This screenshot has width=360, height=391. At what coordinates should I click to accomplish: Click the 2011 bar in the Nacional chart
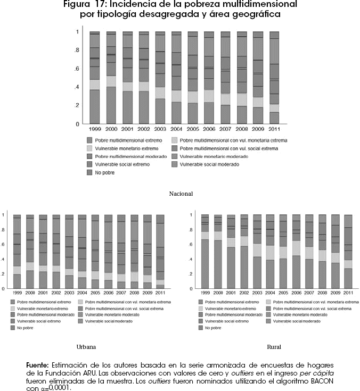coord(274,78)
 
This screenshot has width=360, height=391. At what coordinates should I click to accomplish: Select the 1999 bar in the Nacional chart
coord(95,78)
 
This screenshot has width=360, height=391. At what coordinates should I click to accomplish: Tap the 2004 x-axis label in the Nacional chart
coord(177,129)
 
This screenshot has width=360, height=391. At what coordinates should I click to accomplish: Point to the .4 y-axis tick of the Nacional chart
coord(77,87)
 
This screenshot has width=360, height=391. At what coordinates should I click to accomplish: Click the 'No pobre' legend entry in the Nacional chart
coord(105,173)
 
